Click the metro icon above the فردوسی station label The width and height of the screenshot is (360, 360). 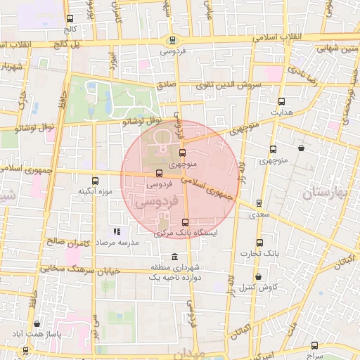[x=172, y=40]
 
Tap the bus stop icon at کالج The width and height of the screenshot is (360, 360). [x=69, y=20]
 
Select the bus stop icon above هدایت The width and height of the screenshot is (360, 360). [x=282, y=101]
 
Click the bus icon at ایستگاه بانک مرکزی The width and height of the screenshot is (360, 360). [x=185, y=221]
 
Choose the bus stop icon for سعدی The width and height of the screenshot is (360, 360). [x=259, y=203]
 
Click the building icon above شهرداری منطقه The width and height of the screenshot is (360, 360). [x=174, y=256]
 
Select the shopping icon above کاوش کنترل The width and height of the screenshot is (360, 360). [x=259, y=277]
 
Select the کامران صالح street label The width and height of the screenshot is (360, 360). [x=75, y=242]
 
